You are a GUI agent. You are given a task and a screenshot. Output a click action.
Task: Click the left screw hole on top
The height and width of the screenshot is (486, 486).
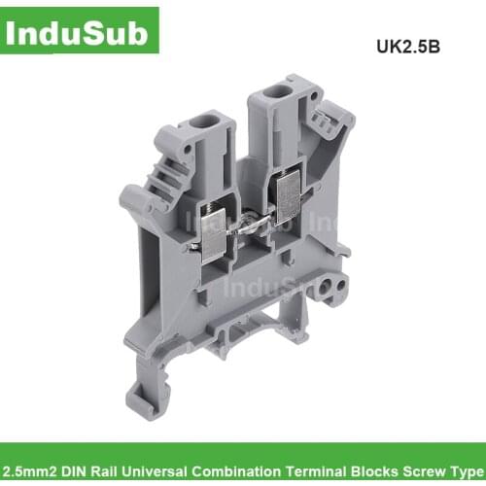point(207,125)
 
